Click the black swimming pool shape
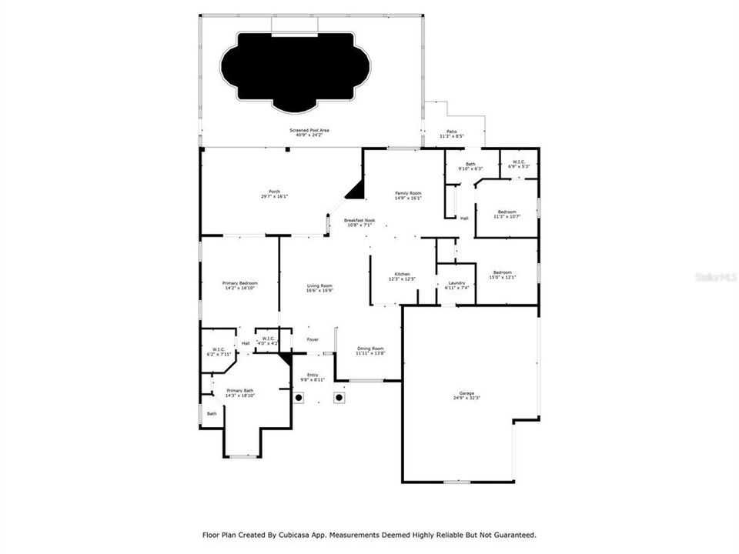pos(295,69)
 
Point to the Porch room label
pos(274,193)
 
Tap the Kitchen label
pos(402,275)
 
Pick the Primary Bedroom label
pos(239,285)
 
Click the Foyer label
pos(313,339)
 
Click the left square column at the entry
pos(299,398)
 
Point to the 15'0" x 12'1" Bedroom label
pos(502,275)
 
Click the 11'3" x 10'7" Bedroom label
pos(507,214)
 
